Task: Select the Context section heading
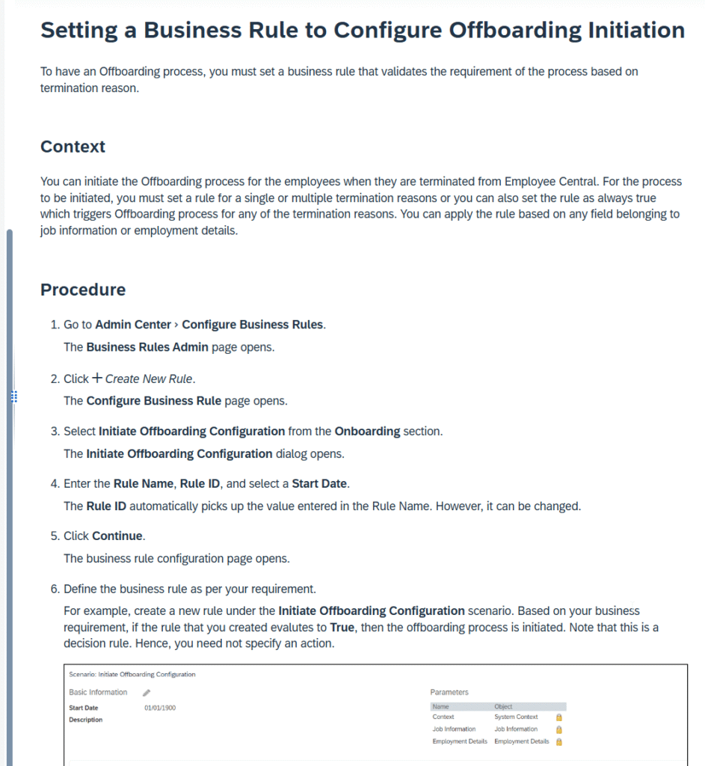[73, 147]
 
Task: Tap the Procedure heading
[83, 290]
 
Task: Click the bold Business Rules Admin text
[147, 347]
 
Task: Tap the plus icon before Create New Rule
[97, 379]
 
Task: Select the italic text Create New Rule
[149, 379]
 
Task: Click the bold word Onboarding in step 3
[367, 432]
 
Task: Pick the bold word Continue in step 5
[118, 536]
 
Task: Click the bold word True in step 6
[342, 627]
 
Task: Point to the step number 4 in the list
[55, 484]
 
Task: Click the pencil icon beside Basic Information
[147, 693]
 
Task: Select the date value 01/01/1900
[160, 708]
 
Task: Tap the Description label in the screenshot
[86, 720]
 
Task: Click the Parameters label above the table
[449, 693]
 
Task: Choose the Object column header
[503, 706]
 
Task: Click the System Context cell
[516, 717]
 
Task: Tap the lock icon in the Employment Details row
[558, 741]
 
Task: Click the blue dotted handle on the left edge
[13, 396]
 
